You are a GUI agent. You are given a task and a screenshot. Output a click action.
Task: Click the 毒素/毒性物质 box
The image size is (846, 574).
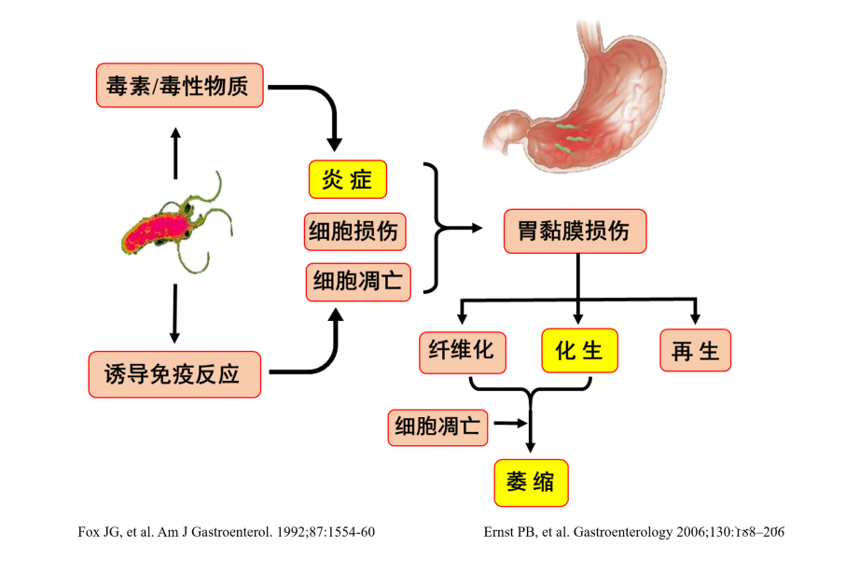click(179, 86)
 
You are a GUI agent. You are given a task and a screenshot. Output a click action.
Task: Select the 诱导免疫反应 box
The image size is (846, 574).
click(174, 374)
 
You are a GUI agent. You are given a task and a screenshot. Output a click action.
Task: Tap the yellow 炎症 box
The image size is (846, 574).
click(347, 180)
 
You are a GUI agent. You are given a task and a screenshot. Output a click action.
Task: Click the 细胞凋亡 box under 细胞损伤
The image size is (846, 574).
click(358, 282)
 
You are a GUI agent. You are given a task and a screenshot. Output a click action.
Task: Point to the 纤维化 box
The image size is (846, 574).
click(462, 352)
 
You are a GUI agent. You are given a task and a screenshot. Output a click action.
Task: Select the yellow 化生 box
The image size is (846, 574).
click(579, 352)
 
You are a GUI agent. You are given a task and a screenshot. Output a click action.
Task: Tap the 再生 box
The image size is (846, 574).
click(695, 352)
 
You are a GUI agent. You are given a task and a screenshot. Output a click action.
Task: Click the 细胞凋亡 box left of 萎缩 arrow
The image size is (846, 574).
click(437, 427)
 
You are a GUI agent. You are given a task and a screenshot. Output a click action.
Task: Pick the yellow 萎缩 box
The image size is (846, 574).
click(530, 483)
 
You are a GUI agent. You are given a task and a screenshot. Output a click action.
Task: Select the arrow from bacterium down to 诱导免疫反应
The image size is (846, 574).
click(174, 314)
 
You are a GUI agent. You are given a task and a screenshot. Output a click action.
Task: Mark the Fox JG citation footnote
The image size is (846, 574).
click(227, 532)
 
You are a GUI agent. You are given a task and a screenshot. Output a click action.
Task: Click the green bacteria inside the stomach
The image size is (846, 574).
click(568, 136)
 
